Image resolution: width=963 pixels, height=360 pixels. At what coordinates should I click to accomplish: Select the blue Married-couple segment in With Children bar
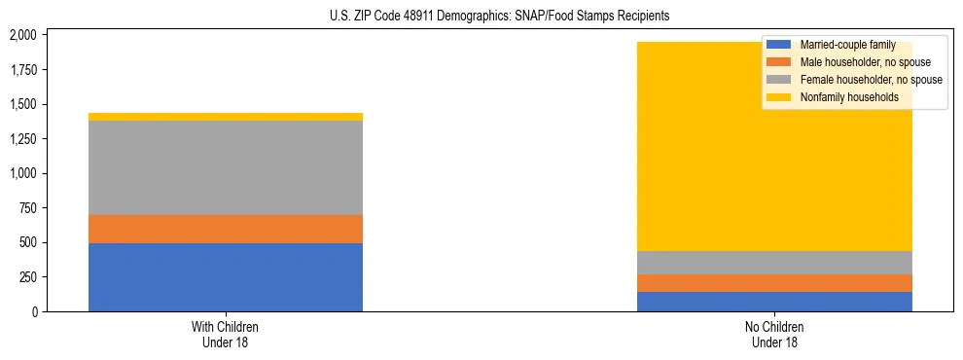226,276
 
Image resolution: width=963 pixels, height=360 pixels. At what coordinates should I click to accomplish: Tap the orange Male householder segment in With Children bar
226,229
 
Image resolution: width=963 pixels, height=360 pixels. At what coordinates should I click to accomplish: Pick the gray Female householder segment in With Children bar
226,167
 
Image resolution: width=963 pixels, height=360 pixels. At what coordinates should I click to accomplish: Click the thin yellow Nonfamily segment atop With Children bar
226,117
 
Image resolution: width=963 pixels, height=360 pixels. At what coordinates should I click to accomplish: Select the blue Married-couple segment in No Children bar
774,302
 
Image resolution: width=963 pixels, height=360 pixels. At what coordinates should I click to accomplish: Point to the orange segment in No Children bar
774,283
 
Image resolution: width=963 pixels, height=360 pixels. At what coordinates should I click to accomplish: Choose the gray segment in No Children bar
774,263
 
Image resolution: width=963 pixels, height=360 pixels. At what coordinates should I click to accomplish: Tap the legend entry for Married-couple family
846,45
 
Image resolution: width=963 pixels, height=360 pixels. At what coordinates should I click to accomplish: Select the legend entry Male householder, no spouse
857,62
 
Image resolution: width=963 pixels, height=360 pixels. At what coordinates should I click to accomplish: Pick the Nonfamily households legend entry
848,97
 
